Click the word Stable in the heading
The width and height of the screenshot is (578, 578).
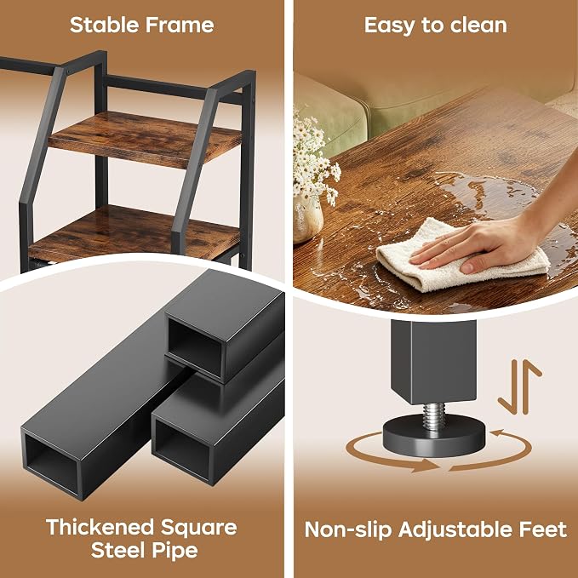[x=104, y=25]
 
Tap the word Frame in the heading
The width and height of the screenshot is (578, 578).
[x=180, y=25]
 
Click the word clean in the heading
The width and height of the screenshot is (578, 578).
[x=478, y=25]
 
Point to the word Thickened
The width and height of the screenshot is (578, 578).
[x=100, y=527]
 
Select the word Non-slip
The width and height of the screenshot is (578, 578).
[x=348, y=529]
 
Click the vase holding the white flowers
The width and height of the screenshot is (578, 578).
[x=308, y=218]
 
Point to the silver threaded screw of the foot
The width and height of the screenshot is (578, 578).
[x=434, y=415]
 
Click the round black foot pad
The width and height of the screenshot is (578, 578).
[x=434, y=435]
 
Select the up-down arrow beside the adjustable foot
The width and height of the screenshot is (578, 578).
[x=520, y=386]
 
